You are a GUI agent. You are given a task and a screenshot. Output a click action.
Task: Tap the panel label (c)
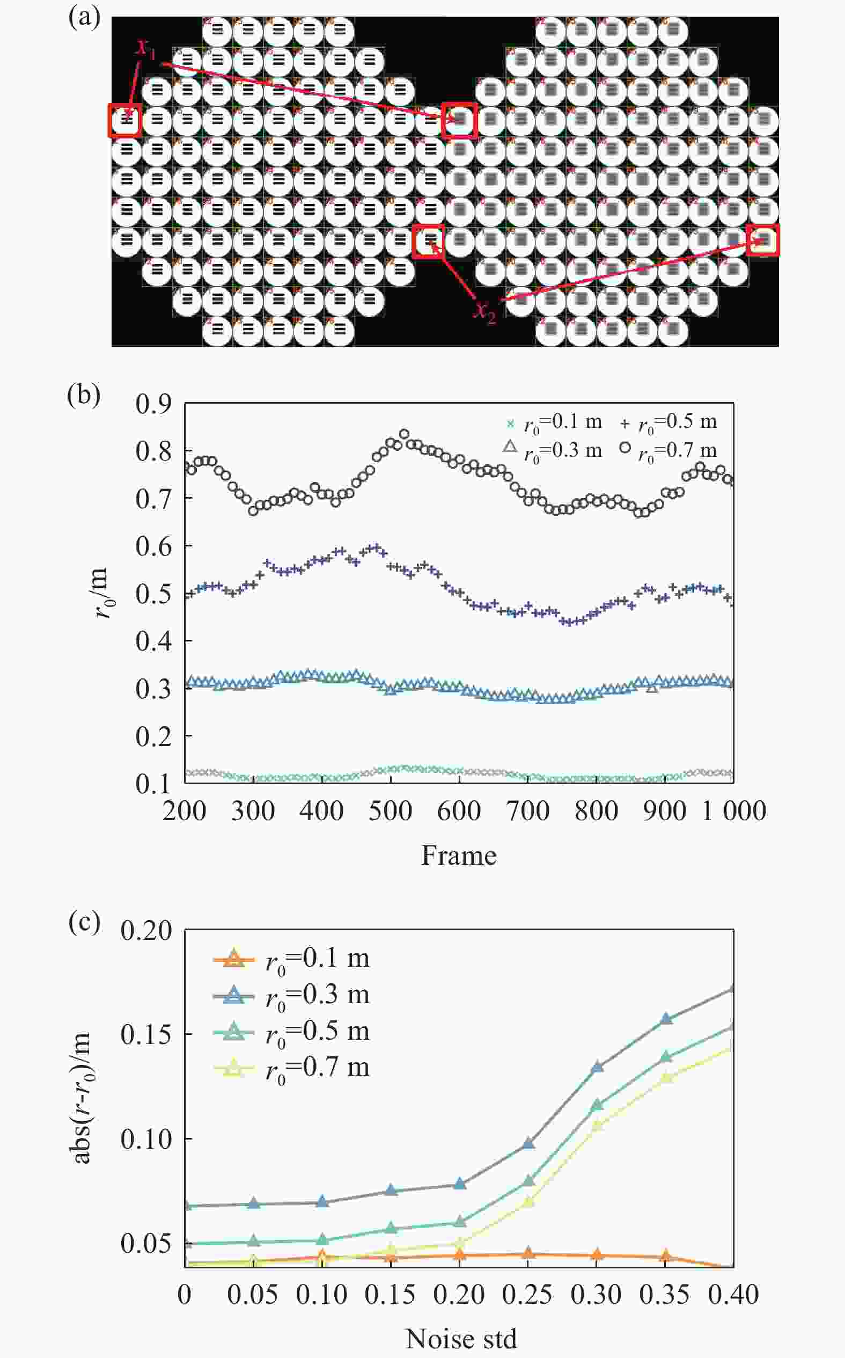(x=84, y=922)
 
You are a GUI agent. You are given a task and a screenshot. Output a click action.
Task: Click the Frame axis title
(x=458, y=856)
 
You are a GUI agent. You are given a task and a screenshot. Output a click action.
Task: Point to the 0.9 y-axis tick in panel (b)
(x=153, y=404)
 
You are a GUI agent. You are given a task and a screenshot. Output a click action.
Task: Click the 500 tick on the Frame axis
(x=390, y=811)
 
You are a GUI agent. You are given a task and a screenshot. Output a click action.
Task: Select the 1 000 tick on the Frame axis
(x=733, y=811)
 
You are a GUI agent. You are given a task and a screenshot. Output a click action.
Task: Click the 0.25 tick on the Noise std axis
(x=527, y=1294)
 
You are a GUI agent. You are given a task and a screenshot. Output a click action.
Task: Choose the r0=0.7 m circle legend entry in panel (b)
(x=668, y=450)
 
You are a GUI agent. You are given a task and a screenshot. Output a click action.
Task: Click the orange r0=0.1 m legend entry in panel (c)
(x=291, y=959)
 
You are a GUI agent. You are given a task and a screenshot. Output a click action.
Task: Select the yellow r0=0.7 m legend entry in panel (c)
(x=291, y=1068)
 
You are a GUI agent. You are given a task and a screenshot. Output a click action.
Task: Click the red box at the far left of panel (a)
(x=124, y=120)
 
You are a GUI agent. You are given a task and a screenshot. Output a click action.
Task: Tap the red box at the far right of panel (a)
(x=763, y=240)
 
